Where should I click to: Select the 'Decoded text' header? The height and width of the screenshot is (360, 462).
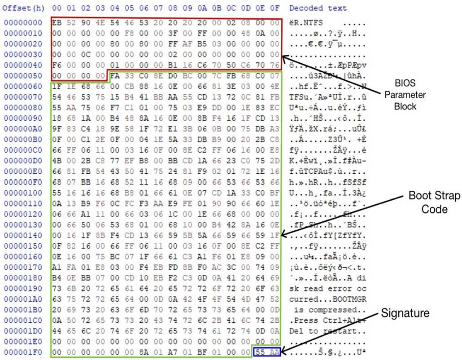(x=318, y=8)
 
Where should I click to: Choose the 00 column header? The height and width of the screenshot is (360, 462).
(x=56, y=8)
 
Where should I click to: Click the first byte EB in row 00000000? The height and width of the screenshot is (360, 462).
(x=56, y=22)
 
